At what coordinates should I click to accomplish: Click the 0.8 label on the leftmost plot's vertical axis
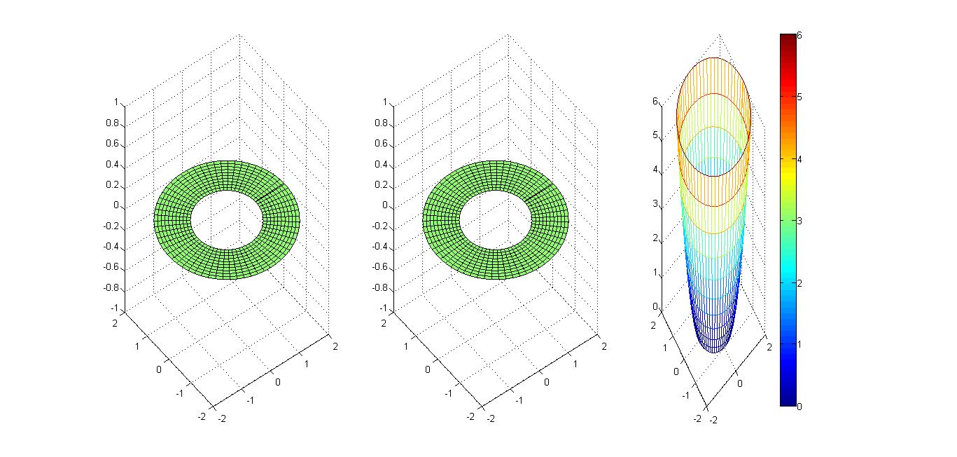[113, 123]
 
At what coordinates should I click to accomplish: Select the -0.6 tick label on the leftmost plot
[111, 267]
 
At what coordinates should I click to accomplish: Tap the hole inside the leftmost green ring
[226, 219]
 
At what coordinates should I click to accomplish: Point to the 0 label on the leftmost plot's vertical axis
[116, 205]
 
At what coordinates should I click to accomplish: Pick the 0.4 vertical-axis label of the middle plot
[381, 164]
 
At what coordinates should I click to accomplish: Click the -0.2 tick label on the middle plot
[380, 226]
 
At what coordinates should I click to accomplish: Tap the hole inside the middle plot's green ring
[496, 219]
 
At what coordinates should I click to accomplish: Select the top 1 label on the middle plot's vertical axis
[385, 102]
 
